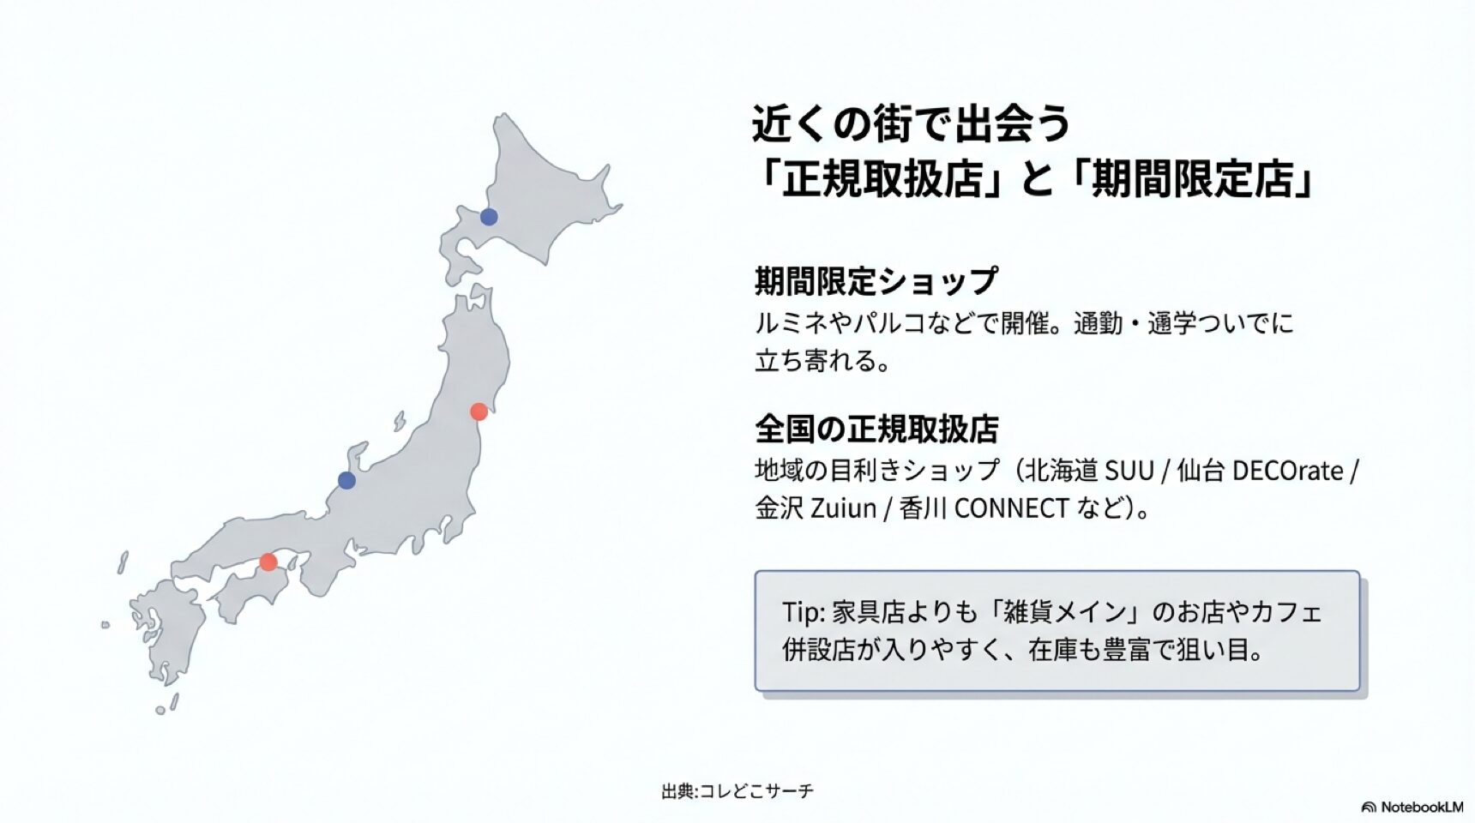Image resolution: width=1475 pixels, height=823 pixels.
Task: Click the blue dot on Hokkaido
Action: click(x=489, y=216)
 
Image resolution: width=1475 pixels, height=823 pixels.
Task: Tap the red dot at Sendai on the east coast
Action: click(x=479, y=411)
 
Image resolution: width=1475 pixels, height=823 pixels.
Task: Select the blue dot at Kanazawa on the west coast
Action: click(x=346, y=480)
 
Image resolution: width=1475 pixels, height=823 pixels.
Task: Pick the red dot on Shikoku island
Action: click(x=268, y=562)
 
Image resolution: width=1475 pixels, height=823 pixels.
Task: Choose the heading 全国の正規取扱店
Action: click(x=876, y=429)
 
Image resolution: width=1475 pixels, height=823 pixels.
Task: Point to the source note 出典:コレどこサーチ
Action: click(x=737, y=790)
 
